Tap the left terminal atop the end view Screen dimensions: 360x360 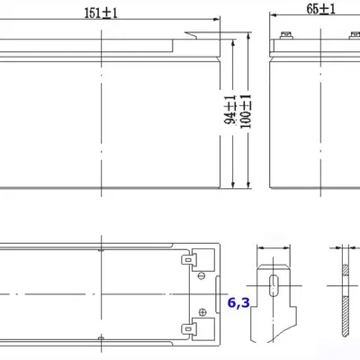click(287, 37)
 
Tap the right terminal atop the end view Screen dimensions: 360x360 click(352, 37)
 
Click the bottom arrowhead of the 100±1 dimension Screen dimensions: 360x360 click(248, 186)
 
